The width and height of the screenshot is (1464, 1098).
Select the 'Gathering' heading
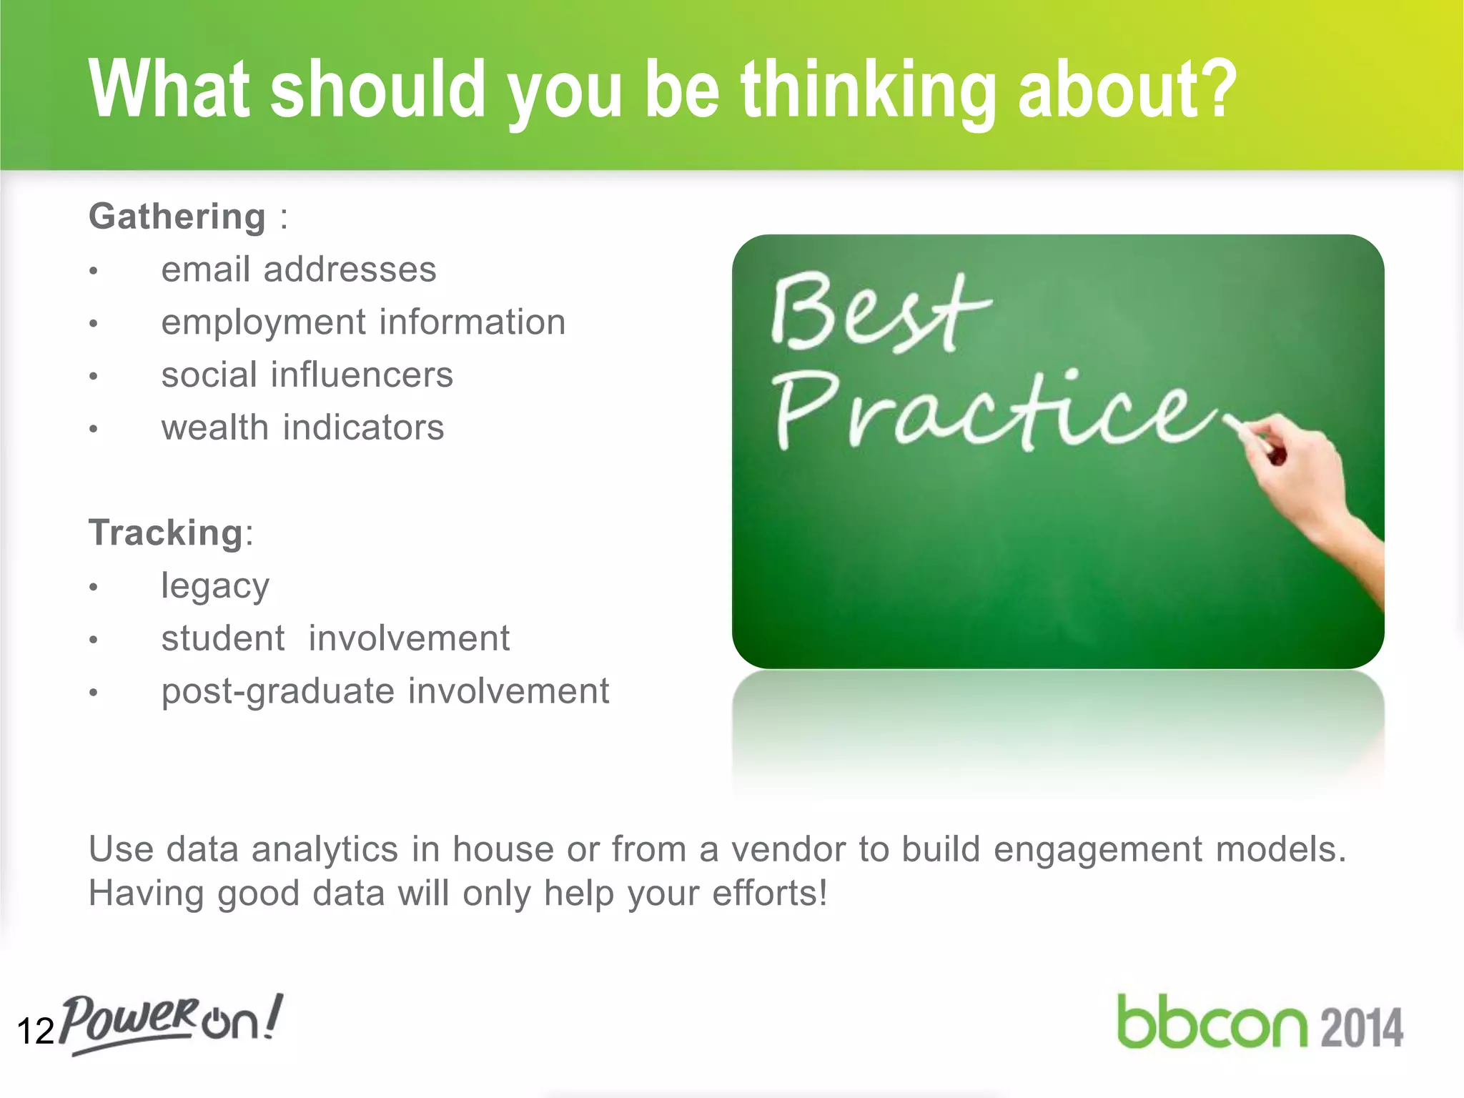[177, 217]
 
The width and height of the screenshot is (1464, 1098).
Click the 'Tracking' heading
[166, 533]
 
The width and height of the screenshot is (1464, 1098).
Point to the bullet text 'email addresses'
[299, 270]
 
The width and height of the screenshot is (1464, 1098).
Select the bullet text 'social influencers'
[307, 375]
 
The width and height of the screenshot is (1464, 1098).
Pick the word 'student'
[223, 638]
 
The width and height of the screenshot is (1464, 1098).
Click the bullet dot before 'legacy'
[93, 588]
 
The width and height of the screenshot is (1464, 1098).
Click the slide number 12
[35, 1032]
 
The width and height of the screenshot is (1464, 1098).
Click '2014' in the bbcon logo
[1361, 1028]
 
